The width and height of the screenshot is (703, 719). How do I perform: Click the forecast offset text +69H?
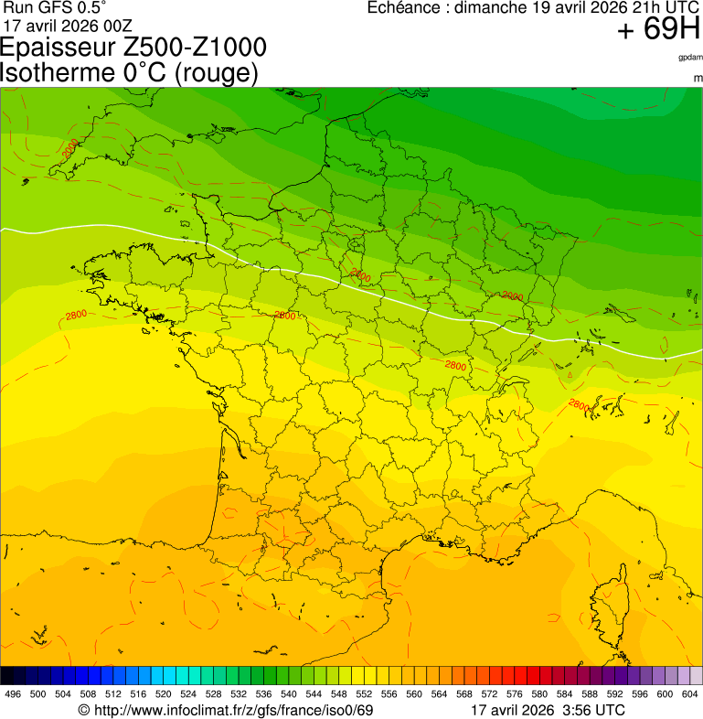point(658,30)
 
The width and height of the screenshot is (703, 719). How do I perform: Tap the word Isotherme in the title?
point(57,72)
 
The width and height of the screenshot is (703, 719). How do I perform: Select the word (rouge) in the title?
point(217,73)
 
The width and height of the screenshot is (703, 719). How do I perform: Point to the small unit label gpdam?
point(690,58)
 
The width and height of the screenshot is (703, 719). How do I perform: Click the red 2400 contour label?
point(361,274)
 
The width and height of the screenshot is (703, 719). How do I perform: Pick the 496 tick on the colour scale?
point(13,694)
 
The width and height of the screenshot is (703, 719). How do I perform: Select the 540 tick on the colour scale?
point(289,694)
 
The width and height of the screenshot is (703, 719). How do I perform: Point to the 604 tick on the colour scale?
point(690,694)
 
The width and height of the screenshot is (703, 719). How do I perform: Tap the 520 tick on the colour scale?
point(164,694)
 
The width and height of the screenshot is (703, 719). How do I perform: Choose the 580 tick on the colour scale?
point(539,694)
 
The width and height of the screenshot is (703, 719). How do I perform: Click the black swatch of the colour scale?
point(7,676)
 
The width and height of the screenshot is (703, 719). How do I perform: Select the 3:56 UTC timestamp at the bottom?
point(593,710)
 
